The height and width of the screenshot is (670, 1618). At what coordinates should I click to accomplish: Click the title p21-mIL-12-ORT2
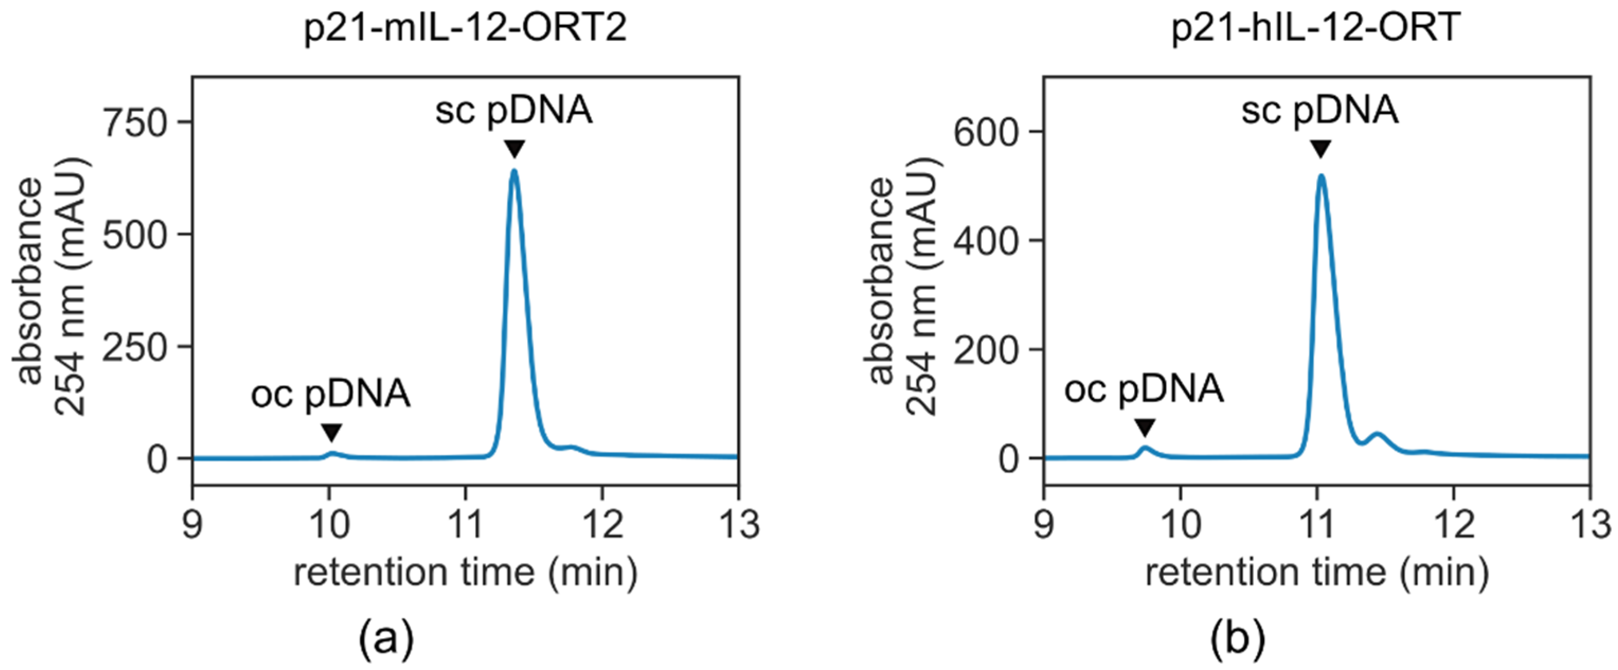click(x=465, y=28)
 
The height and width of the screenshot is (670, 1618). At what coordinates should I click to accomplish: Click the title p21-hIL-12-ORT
click(x=1316, y=28)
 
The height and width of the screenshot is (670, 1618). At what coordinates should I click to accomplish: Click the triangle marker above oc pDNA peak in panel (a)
click(x=331, y=432)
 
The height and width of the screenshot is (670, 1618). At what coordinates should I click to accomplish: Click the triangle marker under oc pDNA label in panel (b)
click(x=1145, y=427)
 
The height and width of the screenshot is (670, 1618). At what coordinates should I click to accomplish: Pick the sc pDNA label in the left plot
click(x=514, y=111)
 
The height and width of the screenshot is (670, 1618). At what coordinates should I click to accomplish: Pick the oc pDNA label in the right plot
click(x=1144, y=389)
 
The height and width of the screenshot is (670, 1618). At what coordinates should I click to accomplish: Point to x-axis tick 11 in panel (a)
click(x=465, y=523)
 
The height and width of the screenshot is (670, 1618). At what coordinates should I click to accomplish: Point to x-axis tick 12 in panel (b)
click(x=1453, y=523)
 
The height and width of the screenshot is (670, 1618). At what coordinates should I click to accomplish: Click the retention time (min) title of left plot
click(x=465, y=572)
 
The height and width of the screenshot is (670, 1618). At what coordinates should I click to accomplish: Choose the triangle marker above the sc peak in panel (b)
click(x=1321, y=149)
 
